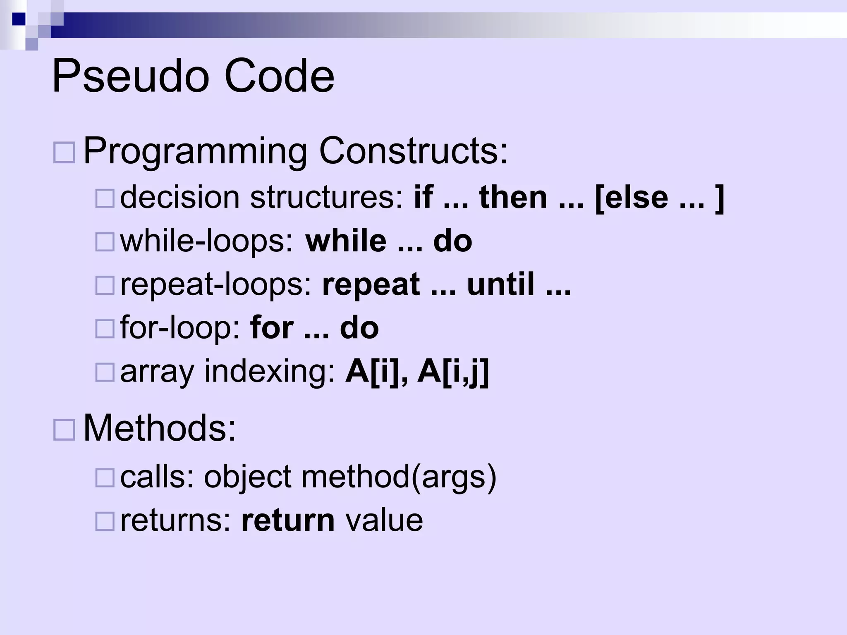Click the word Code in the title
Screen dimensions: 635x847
pyautogui.click(x=279, y=77)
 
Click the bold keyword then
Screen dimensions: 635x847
pyautogui.click(x=513, y=197)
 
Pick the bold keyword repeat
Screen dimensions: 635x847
pyautogui.click(x=371, y=285)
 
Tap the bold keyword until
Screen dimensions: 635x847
pyautogui.click(x=501, y=285)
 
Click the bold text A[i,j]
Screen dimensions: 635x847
pyautogui.click(x=453, y=372)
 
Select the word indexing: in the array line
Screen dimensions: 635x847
pyautogui.click(x=270, y=372)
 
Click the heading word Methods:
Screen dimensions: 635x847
pyautogui.click(x=160, y=428)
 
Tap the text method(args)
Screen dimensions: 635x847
pyautogui.click(x=399, y=477)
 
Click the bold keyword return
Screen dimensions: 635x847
pyautogui.click(x=288, y=520)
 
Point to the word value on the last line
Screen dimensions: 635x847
pyautogui.click(x=384, y=520)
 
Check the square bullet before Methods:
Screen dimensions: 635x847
pyautogui.click(x=64, y=430)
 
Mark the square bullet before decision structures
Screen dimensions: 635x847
pyautogui.click(x=105, y=198)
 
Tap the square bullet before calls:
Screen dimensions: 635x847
pyautogui.click(x=105, y=478)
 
